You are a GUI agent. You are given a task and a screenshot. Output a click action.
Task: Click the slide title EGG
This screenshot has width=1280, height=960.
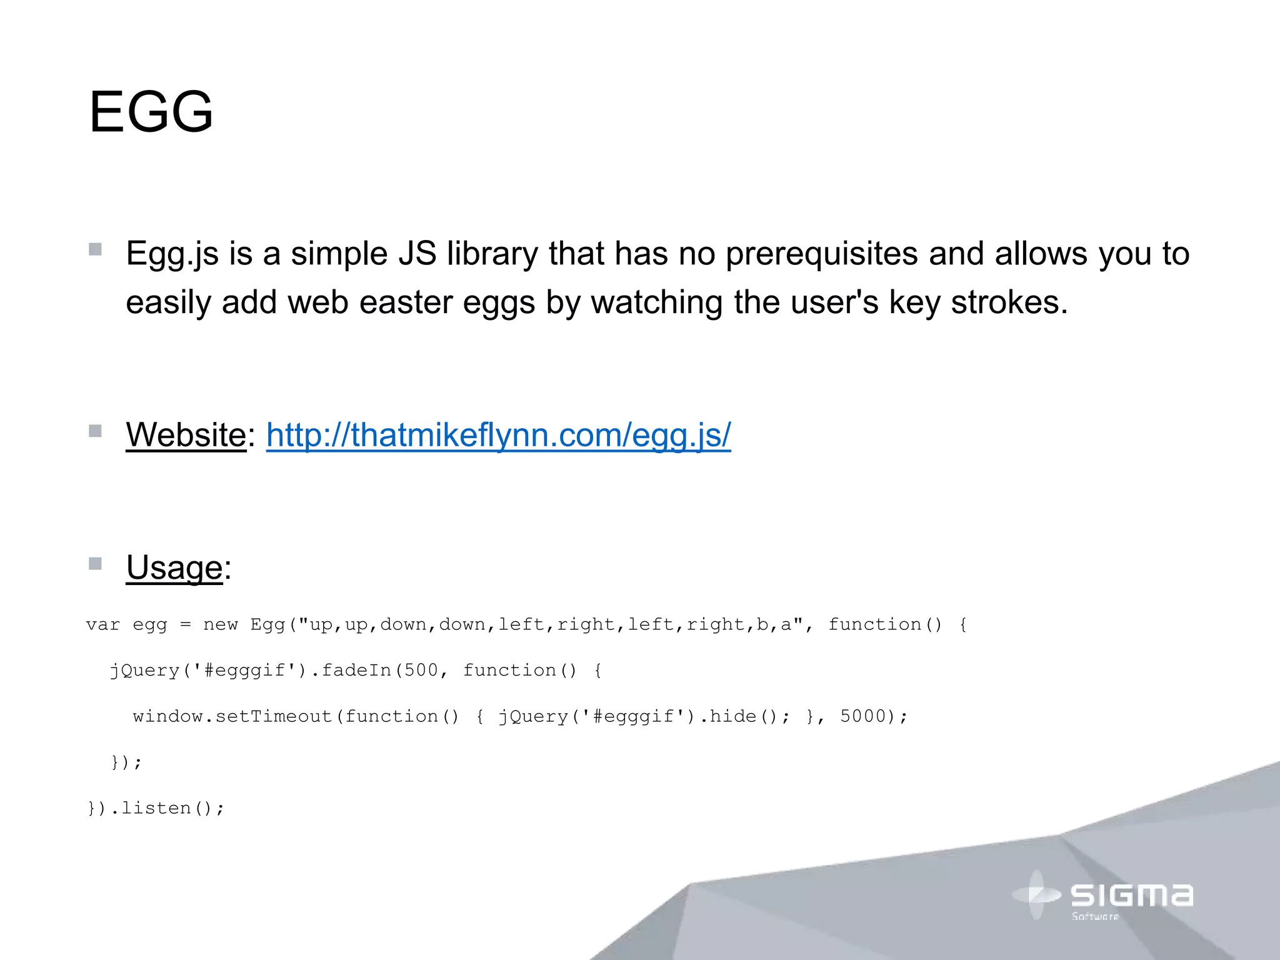click(151, 112)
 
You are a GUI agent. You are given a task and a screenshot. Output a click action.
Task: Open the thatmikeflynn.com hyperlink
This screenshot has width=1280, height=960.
click(498, 435)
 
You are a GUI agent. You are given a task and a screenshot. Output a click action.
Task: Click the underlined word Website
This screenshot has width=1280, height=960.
click(186, 435)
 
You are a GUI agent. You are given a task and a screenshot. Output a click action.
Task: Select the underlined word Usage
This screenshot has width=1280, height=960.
click(174, 567)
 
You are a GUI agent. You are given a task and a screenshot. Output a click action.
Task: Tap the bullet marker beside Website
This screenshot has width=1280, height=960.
click(95, 431)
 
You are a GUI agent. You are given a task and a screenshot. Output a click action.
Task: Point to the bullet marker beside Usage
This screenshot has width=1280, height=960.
click(95, 564)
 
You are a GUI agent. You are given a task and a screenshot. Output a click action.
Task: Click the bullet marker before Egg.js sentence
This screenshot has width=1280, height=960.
click(95, 249)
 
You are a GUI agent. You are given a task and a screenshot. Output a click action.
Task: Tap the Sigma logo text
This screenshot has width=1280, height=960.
click(1131, 895)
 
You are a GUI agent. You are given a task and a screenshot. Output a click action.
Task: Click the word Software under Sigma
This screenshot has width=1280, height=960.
click(1095, 917)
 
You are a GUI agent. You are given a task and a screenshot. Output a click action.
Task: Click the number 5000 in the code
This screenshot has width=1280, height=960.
click(863, 716)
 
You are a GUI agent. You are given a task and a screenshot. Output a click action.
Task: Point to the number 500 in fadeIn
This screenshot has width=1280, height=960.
click(421, 671)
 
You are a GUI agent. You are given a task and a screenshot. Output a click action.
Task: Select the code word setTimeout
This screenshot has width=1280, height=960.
click(273, 716)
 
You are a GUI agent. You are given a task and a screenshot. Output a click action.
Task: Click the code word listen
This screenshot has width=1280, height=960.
click(156, 808)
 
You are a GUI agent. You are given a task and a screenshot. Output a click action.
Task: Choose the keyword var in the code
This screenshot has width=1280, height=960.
click(103, 624)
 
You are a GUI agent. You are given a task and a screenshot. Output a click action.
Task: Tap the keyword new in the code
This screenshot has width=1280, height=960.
click(221, 624)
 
